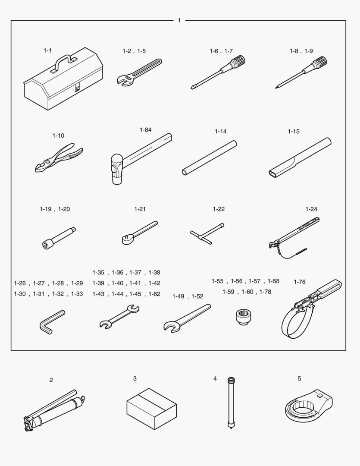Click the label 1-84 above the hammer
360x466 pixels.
coord(146,130)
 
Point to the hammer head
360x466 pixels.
coord(116,169)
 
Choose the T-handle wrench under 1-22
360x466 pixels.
coord(207,233)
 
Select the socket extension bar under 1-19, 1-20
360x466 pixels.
coord(59,238)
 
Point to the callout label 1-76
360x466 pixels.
coord(299,282)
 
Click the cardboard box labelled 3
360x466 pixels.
coord(151,409)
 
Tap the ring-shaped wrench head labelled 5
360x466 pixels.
coord(309,404)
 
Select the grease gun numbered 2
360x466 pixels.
coord(54,411)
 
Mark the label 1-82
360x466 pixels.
coord(154,294)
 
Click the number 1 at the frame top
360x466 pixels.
coord(179,20)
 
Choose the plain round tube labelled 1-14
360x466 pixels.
coord(210,158)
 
